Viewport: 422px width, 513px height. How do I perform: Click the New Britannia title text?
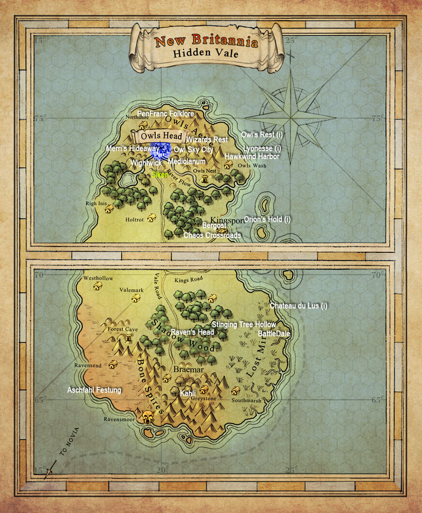pos(206,41)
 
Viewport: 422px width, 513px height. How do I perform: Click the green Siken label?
pos(160,175)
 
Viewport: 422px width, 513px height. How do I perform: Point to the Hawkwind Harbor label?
pos(252,156)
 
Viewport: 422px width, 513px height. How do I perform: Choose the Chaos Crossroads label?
pos(212,235)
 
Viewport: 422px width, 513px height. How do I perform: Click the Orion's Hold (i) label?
pos(267,219)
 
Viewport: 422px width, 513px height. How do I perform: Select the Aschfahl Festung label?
pos(94,390)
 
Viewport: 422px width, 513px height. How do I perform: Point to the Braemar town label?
pos(188,370)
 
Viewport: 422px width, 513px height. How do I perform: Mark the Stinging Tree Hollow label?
pos(243,325)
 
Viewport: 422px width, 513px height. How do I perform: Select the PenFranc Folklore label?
pos(166,113)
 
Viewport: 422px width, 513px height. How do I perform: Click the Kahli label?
pos(188,393)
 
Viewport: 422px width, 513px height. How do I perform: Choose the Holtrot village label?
pos(135,221)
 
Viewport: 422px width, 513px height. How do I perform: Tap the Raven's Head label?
pos(192,332)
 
